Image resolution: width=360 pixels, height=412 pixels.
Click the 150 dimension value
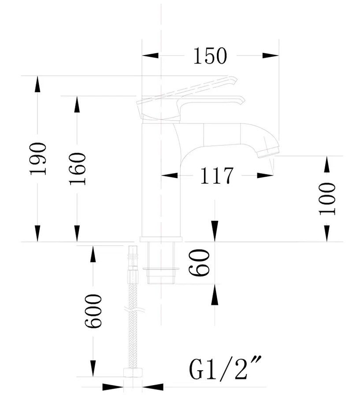pyautogui.click(x=210, y=56)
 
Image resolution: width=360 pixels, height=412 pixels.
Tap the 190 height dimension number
pyautogui.click(x=38, y=159)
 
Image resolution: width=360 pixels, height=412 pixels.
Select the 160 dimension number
pyautogui.click(x=78, y=169)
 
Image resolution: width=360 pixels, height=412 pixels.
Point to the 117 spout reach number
pyautogui.click(x=217, y=175)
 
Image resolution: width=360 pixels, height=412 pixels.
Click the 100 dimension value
pyautogui.click(x=327, y=199)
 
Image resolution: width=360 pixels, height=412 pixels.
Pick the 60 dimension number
pyautogui.click(x=200, y=263)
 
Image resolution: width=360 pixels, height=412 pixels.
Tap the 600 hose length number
pyautogui.click(x=93, y=311)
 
